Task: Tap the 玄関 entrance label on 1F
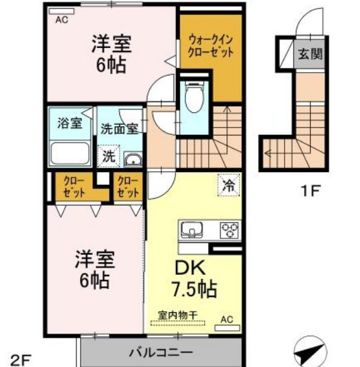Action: [310, 54]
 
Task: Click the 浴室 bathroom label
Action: [69, 123]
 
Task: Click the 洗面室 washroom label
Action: [119, 127]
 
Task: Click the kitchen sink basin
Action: [194, 231]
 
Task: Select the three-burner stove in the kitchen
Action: [231, 231]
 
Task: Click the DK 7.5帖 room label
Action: [195, 279]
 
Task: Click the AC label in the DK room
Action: [226, 319]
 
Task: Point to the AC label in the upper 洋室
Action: [61, 19]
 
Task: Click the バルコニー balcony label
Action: [160, 352]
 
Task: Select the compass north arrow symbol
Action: [311, 350]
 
